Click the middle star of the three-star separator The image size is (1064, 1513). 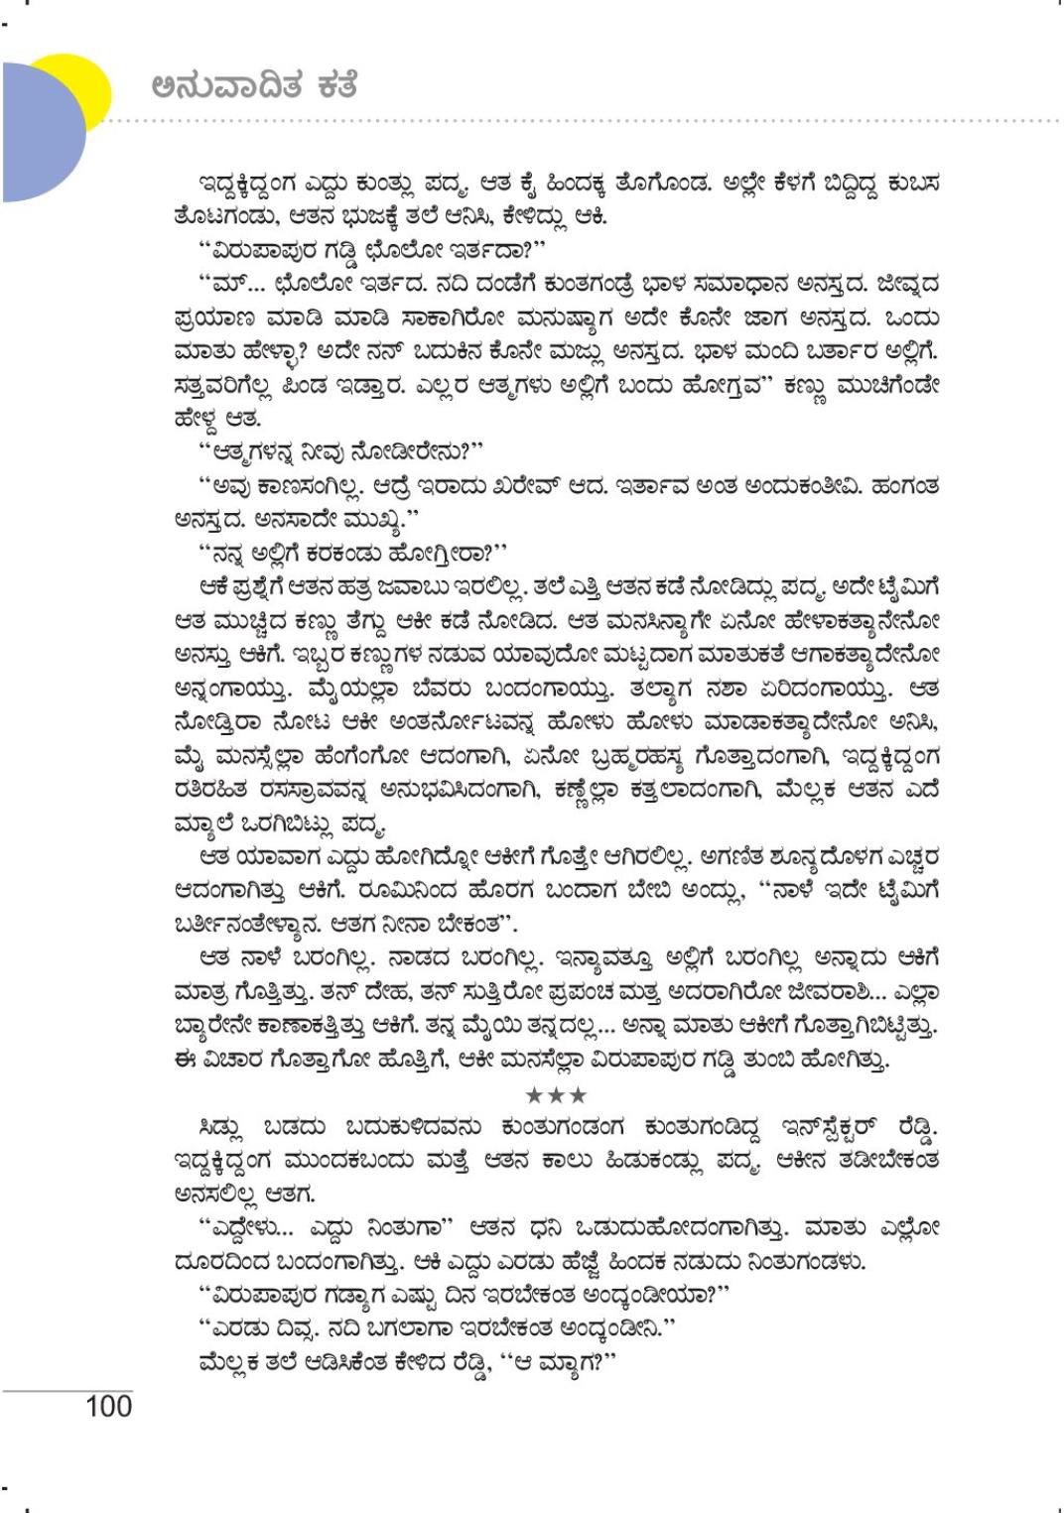556,1095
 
